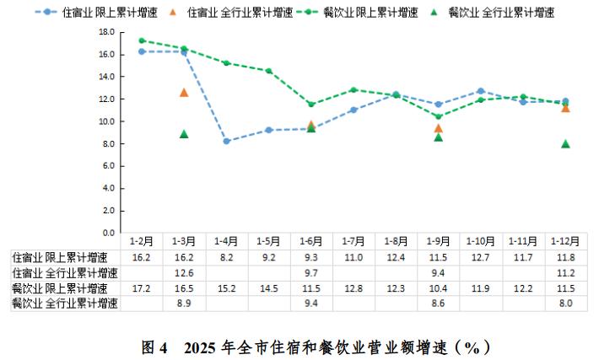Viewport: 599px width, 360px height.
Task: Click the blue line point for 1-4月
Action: point(227,141)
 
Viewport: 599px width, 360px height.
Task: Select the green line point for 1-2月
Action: point(142,40)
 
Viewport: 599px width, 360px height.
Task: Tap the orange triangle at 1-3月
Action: point(184,92)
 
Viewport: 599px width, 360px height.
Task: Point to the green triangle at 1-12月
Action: point(565,144)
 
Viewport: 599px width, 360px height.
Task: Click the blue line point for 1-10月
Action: point(480,91)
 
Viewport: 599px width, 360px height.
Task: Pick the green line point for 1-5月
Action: point(268,71)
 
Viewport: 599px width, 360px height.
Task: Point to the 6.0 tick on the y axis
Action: point(109,166)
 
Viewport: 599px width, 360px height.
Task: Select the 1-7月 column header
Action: point(353,241)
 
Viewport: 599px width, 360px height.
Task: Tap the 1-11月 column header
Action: point(522,241)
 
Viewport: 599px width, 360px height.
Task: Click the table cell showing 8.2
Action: point(226,257)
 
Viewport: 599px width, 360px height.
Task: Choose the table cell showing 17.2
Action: point(142,288)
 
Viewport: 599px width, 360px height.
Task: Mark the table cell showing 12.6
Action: point(184,273)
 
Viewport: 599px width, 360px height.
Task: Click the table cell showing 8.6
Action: point(438,304)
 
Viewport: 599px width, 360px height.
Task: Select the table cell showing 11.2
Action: point(565,273)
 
